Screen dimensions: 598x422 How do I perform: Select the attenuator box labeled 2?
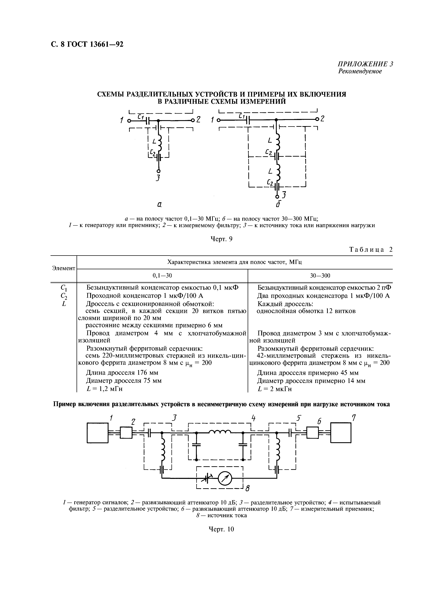[126, 433]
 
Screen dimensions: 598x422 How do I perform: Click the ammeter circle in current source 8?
[224, 478]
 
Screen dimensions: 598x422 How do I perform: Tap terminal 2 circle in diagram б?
[317, 119]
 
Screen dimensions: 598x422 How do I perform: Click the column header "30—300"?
[320, 276]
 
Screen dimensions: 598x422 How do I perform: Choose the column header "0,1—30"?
[162, 276]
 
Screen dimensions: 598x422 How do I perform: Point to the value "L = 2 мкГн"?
[275, 389]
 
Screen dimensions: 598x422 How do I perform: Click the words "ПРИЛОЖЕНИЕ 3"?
[365, 64]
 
